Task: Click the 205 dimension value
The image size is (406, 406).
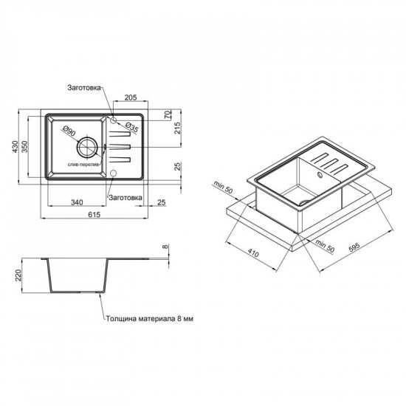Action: pos(131,97)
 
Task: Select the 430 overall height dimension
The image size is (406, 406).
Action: pos(15,147)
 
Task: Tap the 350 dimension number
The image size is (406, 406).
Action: pos(24,147)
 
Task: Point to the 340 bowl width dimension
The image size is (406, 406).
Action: pos(77,202)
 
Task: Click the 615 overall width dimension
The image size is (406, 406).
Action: pos(94,214)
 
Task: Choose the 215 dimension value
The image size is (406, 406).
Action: pos(178,128)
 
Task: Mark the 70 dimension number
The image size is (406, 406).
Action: pos(168,114)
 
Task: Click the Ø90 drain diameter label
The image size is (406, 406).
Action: pos(69,131)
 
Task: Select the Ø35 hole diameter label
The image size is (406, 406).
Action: pos(131,128)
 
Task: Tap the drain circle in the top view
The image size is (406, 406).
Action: pos(88,147)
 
